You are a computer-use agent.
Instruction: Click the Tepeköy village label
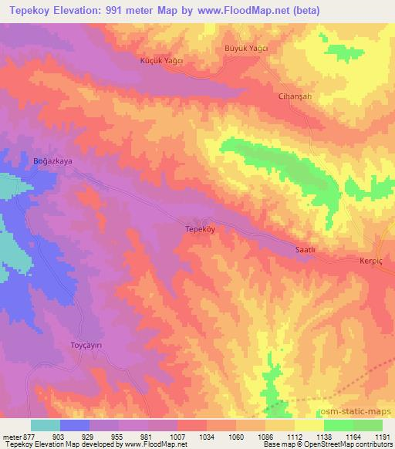click(x=200, y=229)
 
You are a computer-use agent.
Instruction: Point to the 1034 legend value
click(x=207, y=436)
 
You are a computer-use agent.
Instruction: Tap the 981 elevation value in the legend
click(x=148, y=436)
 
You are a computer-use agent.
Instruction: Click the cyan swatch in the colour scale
click(x=46, y=425)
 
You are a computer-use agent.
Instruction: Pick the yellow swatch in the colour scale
click(x=309, y=425)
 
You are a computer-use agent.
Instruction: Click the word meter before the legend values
click(x=11, y=436)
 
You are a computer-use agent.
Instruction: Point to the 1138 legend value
click(x=324, y=436)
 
